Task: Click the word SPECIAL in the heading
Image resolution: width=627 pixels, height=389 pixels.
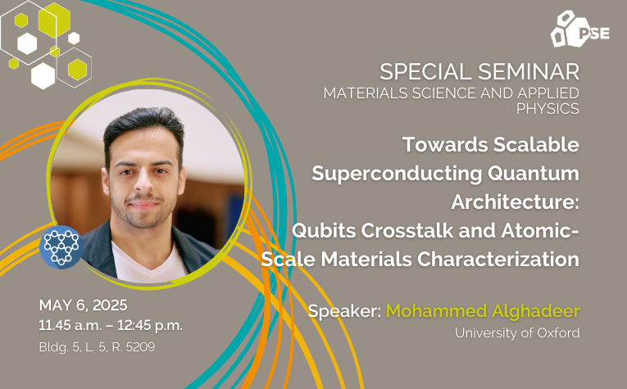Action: point(425,72)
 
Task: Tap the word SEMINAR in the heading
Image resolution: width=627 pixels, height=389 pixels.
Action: point(529,72)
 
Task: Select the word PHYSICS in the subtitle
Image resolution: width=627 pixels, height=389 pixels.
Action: point(547,109)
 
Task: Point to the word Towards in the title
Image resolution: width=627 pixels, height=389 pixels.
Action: point(445,145)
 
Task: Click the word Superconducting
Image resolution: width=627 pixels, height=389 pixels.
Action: point(397,174)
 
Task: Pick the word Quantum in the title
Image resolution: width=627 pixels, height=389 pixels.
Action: point(534,174)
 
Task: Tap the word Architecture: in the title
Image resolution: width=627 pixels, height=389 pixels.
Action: point(515,202)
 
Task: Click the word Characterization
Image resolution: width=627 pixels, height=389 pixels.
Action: point(498,260)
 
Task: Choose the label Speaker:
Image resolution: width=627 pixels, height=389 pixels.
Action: point(344,311)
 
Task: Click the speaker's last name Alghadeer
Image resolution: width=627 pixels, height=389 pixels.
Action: point(536,311)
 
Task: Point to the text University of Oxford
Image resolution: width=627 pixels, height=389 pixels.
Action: point(517,332)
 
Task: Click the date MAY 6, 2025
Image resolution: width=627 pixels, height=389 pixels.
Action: point(83,305)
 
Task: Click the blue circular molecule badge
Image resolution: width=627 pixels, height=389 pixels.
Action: point(61,247)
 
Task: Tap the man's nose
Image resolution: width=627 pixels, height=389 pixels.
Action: point(144,183)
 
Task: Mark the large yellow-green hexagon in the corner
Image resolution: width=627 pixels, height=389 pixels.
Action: point(54,20)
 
